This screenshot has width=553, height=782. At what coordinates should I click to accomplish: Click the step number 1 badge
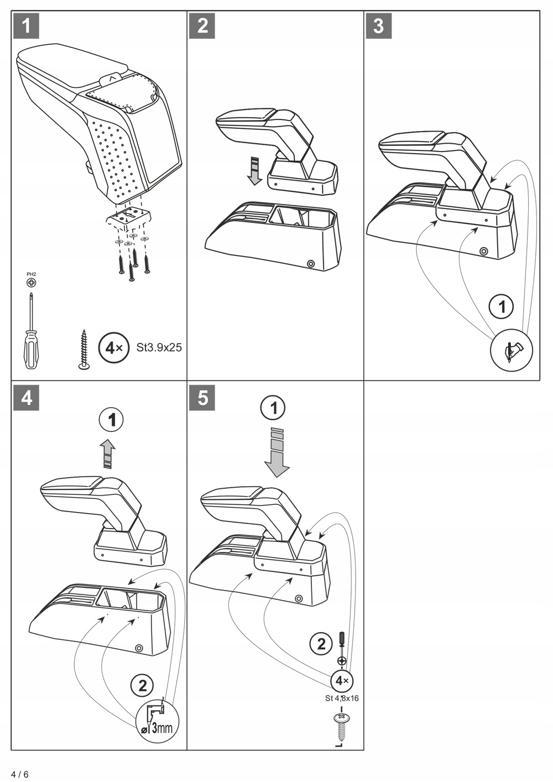[26, 25]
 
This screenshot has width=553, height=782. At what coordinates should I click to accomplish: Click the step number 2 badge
[202, 25]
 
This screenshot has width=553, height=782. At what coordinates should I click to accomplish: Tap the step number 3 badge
[378, 25]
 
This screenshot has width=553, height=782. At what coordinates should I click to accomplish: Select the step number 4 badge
[26, 397]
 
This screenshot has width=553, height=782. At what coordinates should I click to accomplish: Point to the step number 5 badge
[202, 397]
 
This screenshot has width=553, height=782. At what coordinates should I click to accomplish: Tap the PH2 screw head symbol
[32, 283]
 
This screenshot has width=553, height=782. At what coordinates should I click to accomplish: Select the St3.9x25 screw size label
[159, 348]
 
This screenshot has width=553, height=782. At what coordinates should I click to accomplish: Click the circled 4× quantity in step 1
[113, 348]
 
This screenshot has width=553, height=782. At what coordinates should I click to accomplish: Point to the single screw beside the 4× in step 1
[84, 350]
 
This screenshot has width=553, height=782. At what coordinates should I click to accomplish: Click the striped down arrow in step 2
[254, 170]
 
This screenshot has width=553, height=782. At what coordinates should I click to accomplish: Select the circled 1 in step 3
[502, 306]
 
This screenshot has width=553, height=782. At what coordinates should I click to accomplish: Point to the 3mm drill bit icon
[158, 721]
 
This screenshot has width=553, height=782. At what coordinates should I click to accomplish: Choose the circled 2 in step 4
[142, 686]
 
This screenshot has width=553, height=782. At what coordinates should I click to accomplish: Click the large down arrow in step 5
[276, 452]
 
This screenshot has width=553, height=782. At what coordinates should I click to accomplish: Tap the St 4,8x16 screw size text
[342, 698]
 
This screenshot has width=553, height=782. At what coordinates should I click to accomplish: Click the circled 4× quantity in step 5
[342, 681]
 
